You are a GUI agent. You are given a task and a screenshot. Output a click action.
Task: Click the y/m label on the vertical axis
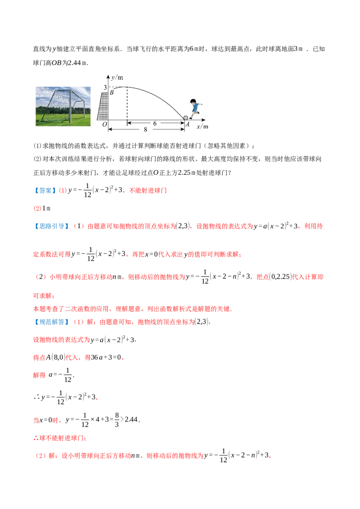117,78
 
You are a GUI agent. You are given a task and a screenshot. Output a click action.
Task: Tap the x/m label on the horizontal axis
202,126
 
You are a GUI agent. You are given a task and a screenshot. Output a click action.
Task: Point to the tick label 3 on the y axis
105,87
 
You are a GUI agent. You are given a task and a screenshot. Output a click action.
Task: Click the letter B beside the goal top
112,93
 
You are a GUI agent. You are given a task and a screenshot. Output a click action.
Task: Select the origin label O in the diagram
104,125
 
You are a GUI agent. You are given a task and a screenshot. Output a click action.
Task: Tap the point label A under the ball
188,125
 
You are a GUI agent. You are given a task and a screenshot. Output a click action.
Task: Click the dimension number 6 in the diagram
155,123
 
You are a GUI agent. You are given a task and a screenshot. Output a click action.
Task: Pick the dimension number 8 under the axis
145,129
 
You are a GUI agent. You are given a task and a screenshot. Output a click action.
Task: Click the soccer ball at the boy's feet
185,118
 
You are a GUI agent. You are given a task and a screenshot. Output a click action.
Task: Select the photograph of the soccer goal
63,106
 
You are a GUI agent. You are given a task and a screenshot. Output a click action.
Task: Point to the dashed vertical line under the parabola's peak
127,103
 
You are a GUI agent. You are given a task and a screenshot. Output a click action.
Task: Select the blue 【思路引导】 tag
52,226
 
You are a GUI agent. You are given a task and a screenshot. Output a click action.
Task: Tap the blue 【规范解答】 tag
52,322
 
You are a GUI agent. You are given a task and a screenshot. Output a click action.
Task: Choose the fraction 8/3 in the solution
117,420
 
